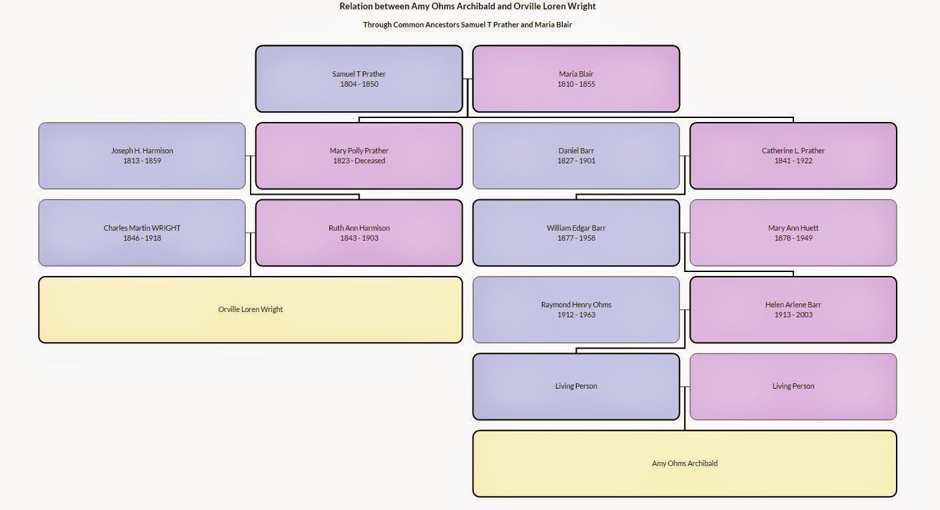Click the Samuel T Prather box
pyautogui.click(x=359, y=79)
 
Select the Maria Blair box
pyautogui.click(x=576, y=79)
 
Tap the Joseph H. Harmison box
pyautogui.click(x=142, y=156)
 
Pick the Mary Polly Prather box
pyautogui.click(x=359, y=156)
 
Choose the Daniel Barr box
pyautogui.click(x=576, y=156)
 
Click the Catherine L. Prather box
pyautogui.click(x=793, y=156)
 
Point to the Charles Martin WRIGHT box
pyautogui.click(x=142, y=233)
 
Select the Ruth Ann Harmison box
pyautogui.click(x=359, y=233)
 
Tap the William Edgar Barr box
pyautogui.click(x=576, y=233)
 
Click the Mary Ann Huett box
pyautogui.click(x=793, y=233)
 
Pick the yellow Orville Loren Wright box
pyautogui.click(x=251, y=310)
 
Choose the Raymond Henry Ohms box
pyautogui.click(x=576, y=310)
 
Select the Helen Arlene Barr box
pyautogui.click(x=793, y=310)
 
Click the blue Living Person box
pyautogui.click(x=576, y=387)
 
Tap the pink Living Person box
pyautogui.click(x=793, y=387)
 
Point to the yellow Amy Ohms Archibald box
pyautogui.click(x=685, y=464)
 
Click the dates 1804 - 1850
pyautogui.click(x=359, y=84)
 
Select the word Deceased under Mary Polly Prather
pyautogui.click(x=370, y=161)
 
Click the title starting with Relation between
pyautogui.click(x=467, y=6)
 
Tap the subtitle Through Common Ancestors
pyautogui.click(x=467, y=25)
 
